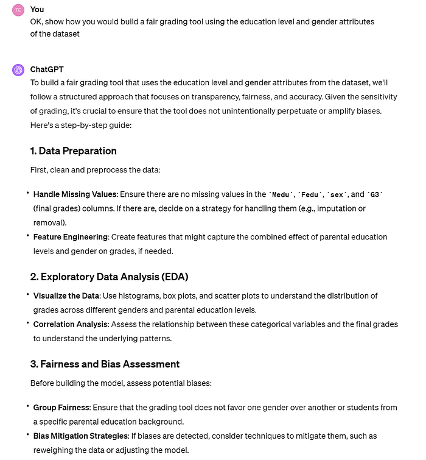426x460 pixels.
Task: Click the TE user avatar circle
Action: pos(18,10)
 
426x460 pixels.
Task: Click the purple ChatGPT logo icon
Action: pos(18,69)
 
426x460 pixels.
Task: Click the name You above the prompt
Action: pos(37,10)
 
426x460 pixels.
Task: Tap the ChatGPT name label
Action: pos(46,69)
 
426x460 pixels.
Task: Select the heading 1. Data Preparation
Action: pos(73,151)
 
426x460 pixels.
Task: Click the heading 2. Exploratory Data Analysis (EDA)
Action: pos(109,277)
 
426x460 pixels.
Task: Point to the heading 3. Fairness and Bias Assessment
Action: pos(105,364)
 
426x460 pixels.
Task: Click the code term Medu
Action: pos(280,194)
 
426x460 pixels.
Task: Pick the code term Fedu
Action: pos(309,194)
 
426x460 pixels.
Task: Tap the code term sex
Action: pos(337,194)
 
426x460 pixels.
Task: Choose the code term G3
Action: pos(375,194)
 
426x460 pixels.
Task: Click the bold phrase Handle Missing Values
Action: pos(75,194)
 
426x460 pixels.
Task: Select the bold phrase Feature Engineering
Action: pos(71,236)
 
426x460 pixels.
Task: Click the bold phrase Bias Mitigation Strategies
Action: pos(80,436)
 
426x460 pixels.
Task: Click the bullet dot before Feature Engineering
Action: pos(27,235)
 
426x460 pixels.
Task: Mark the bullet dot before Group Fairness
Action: pos(27,406)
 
